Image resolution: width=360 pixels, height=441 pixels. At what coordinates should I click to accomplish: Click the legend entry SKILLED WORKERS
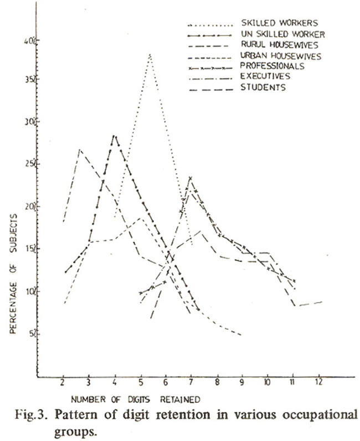tap(280, 23)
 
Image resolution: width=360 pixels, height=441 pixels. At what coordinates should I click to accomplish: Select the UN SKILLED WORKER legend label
tap(283, 34)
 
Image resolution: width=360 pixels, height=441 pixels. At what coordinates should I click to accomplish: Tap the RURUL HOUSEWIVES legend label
tap(280, 45)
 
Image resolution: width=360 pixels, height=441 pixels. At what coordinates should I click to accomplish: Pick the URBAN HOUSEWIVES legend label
tap(281, 56)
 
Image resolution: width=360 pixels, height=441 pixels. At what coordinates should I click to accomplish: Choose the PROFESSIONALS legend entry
tap(272, 66)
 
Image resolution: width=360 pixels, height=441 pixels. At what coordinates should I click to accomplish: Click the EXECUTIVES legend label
tap(265, 76)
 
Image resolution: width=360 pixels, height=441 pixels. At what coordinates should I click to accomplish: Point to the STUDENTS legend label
tap(263, 87)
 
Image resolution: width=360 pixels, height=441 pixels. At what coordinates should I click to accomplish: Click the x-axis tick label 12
tap(319, 382)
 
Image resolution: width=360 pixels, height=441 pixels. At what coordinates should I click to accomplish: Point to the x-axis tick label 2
tap(63, 383)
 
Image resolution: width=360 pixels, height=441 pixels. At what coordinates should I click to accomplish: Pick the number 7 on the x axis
tap(191, 382)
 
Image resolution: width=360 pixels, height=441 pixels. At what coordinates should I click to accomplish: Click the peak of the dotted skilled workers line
tap(150, 54)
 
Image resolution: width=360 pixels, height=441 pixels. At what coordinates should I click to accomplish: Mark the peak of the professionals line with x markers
tap(191, 178)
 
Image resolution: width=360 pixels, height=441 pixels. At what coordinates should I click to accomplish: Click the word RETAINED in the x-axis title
tap(180, 400)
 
